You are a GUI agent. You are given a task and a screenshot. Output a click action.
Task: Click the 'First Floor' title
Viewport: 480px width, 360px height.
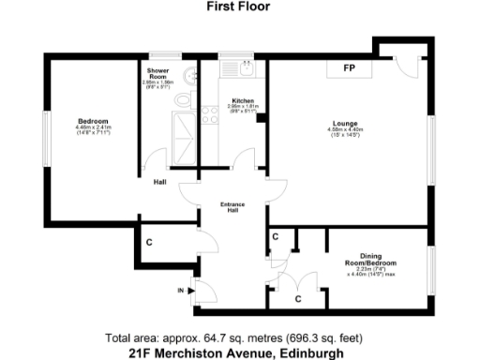coord(239,5)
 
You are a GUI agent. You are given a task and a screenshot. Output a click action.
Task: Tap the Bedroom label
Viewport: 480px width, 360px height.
coord(94,122)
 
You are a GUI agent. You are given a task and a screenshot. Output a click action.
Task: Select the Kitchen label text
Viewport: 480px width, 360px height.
coord(243,100)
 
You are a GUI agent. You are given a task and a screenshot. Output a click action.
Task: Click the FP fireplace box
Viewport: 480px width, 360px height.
coord(349,69)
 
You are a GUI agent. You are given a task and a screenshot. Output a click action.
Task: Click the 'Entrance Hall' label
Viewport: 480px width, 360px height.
coord(232,207)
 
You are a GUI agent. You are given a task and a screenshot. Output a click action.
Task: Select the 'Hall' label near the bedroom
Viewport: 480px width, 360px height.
coord(160,182)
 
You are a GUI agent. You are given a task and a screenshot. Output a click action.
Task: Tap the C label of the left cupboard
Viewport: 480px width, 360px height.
coord(148,242)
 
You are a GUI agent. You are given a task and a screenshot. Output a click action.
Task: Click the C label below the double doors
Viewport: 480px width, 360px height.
coord(297,300)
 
